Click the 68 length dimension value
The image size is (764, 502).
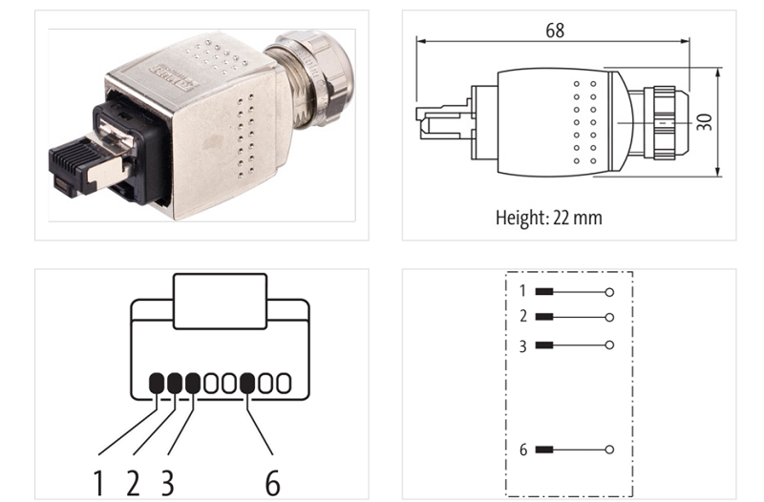(554, 31)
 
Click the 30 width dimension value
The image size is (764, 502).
(706, 121)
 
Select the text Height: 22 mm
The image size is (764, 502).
(548, 217)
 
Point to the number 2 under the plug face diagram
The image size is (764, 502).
(133, 482)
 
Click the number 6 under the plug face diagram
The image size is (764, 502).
(272, 482)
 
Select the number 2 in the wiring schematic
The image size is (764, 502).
(522, 317)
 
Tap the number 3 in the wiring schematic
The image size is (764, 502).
(522, 345)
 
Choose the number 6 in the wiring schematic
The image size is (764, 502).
(522, 450)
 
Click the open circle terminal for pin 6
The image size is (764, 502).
(609, 450)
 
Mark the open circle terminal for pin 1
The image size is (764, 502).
(609, 291)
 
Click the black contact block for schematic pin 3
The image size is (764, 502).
(544, 345)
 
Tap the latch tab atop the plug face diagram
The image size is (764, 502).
(220, 301)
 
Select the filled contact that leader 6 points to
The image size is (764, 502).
(247, 383)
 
